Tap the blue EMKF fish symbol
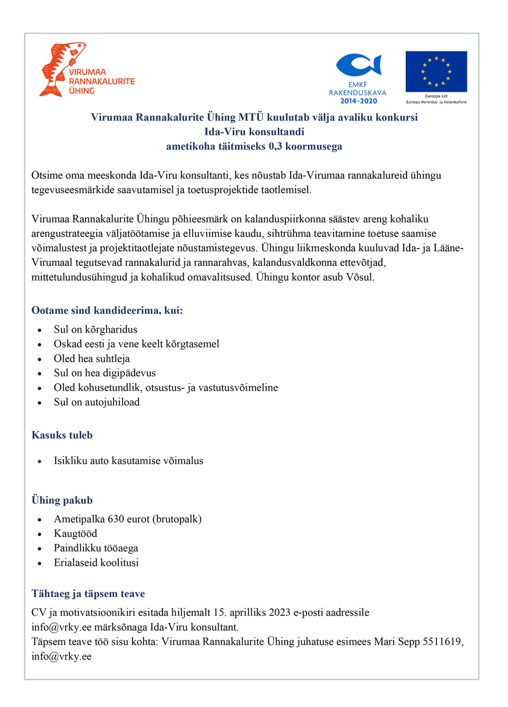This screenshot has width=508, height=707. (x=358, y=66)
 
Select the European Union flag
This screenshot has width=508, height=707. (x=436, y=72)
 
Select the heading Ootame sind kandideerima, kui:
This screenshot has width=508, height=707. (x=107, y=310)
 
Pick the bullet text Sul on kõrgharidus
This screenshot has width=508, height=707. (x=95, y=330)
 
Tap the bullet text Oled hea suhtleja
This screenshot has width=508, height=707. (x=92, y=358)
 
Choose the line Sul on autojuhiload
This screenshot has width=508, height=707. (x=97, y=402)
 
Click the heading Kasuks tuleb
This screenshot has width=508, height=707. (x=62, y=435)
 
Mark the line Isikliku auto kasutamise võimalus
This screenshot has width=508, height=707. (x=129, y=461)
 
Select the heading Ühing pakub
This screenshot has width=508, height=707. (x=62, y=500)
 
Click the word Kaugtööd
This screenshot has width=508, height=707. (x=76, y=534)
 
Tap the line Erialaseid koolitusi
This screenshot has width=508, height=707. (x=96, y=563)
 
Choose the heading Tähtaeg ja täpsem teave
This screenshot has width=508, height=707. (x=88, y=594)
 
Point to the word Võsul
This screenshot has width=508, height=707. (x=362, y=277)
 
